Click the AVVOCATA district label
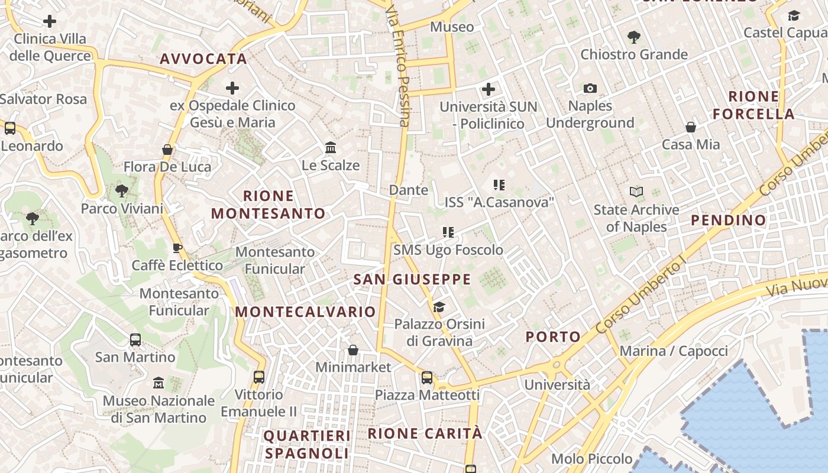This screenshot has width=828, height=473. click(x=203, y=59)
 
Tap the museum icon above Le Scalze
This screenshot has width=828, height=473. click(x=331, y=147)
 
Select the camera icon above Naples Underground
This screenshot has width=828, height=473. click(x=590, y=89)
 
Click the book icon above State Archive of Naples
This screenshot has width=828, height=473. click(x=636, y=192)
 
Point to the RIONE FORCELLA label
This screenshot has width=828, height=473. click(x=753, y=105)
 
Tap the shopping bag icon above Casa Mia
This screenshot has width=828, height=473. click(x=690, y=127)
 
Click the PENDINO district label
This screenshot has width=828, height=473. click(x=728, y=221)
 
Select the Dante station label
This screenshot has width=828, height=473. click(x=409, y=190)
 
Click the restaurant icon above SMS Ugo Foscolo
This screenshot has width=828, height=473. click(x=448, y=232)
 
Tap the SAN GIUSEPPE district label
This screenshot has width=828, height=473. click(x=412, y=279)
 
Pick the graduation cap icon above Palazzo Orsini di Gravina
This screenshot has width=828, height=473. click(x=439, y=307)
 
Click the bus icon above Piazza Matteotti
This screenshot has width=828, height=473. click(x=427, y=378)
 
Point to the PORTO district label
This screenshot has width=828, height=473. click(x=553, y=337)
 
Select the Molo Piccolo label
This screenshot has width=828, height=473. click(x=591, y=459)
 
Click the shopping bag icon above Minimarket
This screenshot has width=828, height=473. click(x=353, y=350)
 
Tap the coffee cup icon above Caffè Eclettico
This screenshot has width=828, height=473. click(x=177, y=248)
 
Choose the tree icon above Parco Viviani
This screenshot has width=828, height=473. click(x=122, y=191)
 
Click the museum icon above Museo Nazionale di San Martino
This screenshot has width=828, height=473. click(x=158, y=383)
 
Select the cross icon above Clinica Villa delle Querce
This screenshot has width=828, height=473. click(x=50, y=22)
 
